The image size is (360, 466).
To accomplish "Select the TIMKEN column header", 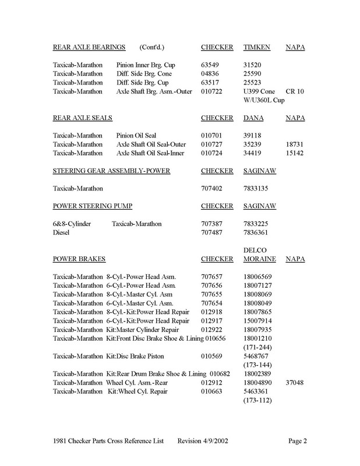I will [x=257, y=46].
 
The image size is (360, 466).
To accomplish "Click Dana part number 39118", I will [x=254, y=137].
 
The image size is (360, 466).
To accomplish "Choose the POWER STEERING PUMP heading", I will [x=92, y=207].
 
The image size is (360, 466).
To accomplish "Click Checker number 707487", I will [x=213, y=234].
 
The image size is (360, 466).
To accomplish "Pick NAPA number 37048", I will [x=296, y=383].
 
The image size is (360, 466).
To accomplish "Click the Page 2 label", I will [x=298, y=440].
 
